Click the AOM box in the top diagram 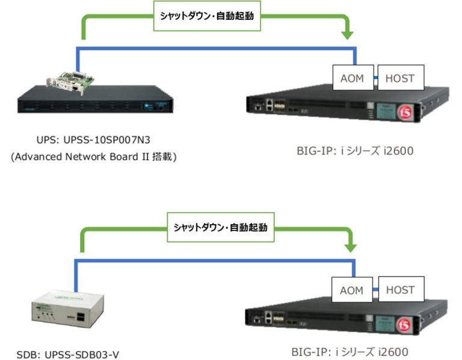[352, 78]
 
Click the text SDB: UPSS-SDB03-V [67, 354]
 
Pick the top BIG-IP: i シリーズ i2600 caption [356, 150]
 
